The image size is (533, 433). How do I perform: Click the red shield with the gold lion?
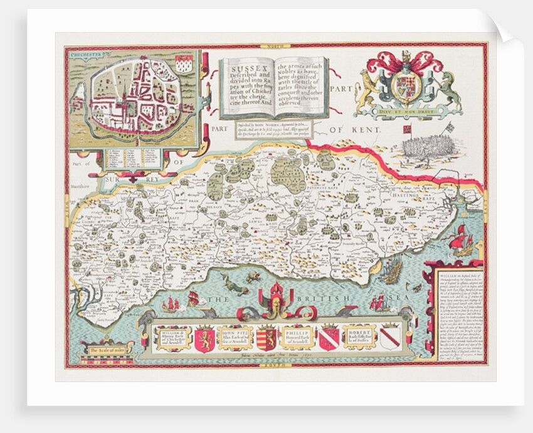click(204, 339)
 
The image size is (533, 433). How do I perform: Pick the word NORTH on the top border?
click(274, 45)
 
